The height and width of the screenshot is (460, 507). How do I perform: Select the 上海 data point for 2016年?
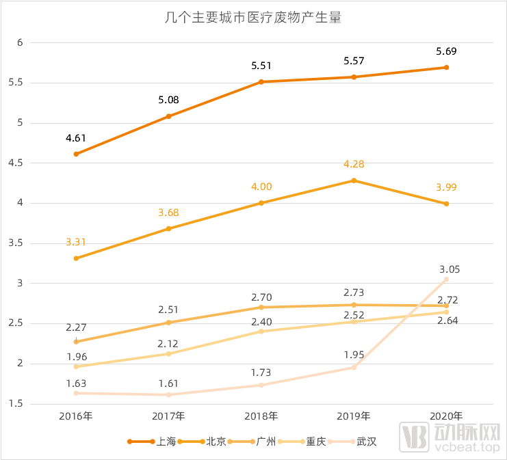[76, 154]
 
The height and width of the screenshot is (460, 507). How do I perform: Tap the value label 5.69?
[446, 51]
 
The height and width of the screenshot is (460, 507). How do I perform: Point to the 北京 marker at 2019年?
[354, 180]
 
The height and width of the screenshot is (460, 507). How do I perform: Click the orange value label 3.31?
[76, 241]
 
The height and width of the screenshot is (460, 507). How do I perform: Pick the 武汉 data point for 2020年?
[446, 279]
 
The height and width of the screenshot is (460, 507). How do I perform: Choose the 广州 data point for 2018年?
[261, 307]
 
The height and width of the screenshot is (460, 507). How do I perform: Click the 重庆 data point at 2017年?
[168, 353]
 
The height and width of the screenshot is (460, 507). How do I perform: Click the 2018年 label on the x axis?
[261, 416]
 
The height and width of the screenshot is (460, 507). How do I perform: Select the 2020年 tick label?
[446, 416]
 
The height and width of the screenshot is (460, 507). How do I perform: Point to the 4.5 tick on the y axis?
[15, 163]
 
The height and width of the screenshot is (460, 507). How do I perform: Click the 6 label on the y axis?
[20, 42]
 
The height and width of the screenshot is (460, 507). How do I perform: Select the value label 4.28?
[354, 164]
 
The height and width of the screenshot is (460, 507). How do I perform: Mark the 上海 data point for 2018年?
[261, 82]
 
